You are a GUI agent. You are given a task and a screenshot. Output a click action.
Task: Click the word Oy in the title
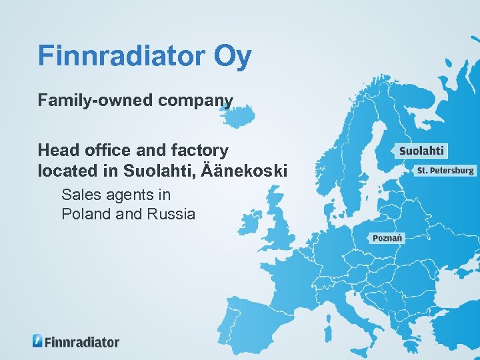pyautogui.click(x=233, y=57)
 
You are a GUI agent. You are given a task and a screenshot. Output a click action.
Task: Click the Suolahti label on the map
pyautogui.click(x=421, y=151)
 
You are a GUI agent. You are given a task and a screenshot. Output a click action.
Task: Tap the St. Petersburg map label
pyautogui.click(x=445, y=171)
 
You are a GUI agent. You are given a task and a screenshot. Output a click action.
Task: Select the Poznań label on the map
pyautogui.click(x=387, y=238)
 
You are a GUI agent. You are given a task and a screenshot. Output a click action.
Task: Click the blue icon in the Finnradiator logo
pyautogui.click(x=38, y=341)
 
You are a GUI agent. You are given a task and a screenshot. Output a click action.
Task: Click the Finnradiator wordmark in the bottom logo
pyautogui.click(x=82, y=342)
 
